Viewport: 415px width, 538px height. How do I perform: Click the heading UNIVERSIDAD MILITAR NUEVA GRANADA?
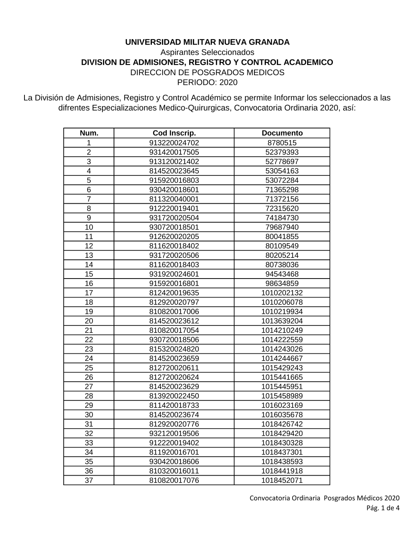[x=207, y=42]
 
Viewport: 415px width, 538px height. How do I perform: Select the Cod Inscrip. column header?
[x=174, y=133]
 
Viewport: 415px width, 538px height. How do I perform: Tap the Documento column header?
[x=282, y=133]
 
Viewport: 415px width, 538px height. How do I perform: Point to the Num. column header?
[x=89, y=133]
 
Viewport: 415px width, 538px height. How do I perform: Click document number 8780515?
[x=282, y=143]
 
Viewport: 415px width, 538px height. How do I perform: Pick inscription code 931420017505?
[x=174, y=152]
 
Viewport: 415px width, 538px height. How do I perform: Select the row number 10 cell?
[x=89, y=227]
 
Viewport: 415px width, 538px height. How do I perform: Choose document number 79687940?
[x=282, y=227]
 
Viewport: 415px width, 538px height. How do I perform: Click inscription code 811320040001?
[x=174, y=199]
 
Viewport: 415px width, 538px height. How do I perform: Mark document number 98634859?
[x=282, y=284]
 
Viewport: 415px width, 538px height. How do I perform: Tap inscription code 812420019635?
[x=174, y=293]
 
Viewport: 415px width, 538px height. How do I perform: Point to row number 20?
[x=89, y=321]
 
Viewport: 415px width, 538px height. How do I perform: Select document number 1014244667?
[x=282, y=358]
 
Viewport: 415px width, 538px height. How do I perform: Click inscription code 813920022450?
[x=174, y=396]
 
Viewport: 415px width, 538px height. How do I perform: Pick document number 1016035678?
[x=282, y=415]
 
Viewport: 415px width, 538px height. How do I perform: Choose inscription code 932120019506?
[x=174, y=433]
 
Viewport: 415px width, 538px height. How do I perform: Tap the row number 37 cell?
[x=89, y=480]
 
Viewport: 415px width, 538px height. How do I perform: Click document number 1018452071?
[x=282, y=480]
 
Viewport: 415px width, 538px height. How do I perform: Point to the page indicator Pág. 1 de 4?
[x=383, y=508]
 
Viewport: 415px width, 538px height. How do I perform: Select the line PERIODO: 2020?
[x=207, y=82]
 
